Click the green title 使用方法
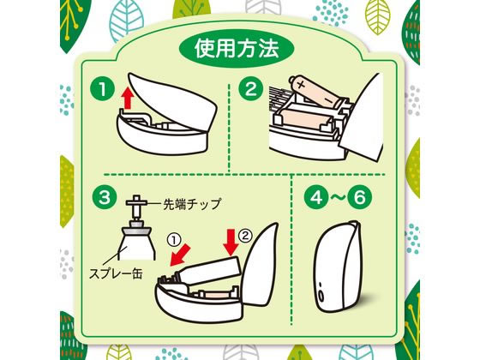point(237,49)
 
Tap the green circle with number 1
point(102,90)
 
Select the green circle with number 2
point(251,89)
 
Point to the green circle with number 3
point(104,196)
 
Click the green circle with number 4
point(316,197)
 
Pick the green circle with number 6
point(360,197)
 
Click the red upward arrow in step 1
point(128,98)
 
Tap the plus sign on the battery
point(301,85)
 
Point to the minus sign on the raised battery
point(327,100)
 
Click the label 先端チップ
point(192,204)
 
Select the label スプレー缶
point(116,273)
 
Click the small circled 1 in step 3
point(174,240)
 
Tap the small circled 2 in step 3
point(245,235)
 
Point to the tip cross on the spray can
point(137,202)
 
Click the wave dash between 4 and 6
point(338,197)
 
